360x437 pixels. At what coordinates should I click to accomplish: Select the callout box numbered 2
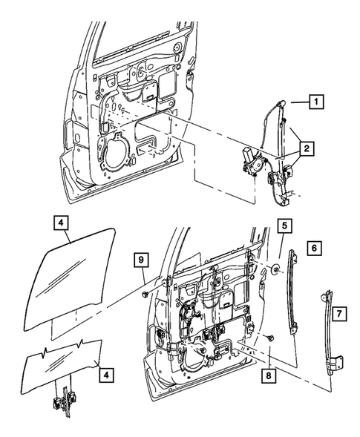306,149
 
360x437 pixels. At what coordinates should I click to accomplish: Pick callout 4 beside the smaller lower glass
108,375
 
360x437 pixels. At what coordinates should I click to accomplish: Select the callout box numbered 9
140,258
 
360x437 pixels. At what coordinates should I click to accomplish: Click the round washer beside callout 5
276,269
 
